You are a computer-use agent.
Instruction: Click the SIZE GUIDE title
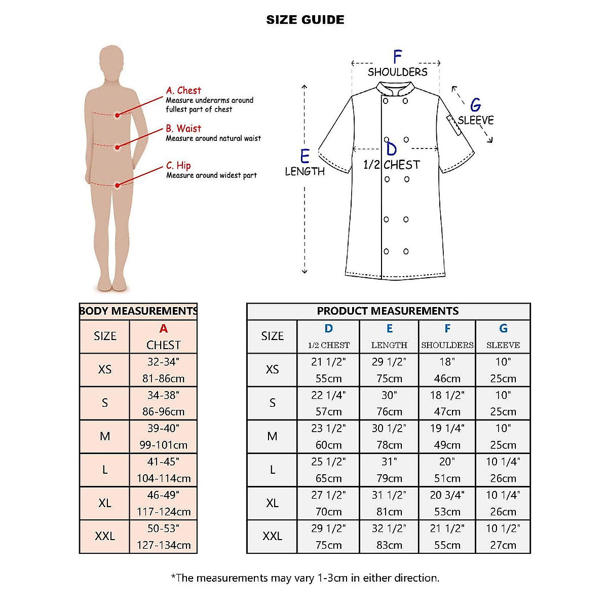coord(305,20)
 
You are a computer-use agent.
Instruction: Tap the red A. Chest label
coord(183,91)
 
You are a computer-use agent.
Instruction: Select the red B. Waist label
coord(183,129)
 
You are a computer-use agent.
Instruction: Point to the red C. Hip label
coord(178,166)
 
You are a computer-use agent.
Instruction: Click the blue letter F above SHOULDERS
coord(397,57)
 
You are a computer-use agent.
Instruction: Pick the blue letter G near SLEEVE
coord(475,105)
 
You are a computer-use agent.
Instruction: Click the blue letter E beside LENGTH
coord(305,156)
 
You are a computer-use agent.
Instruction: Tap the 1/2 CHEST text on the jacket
coord(392,165)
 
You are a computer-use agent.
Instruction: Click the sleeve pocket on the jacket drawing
coord(454,126)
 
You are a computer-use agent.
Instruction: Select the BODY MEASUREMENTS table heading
coord(138,311)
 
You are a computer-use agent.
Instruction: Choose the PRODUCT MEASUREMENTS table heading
coord(388,311)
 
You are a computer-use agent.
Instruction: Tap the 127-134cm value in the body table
coord(163,545)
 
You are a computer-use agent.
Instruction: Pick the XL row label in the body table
coord(105,503)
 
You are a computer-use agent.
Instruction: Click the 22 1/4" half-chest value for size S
coord(328,395)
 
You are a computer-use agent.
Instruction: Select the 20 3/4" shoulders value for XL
coord(447,495)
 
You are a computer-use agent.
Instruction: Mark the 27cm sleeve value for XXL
coord(503,545)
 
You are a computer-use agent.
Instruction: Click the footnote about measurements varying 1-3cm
coord(305,578)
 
